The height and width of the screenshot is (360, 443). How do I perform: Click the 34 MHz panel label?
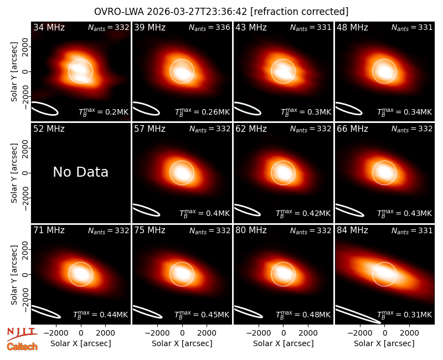[x=49, y=27]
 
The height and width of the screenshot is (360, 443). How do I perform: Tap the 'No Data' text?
[x=80, y=172]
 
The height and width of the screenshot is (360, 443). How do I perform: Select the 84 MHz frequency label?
[x=352, y=230]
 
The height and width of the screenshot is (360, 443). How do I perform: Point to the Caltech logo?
[x=22, y=347]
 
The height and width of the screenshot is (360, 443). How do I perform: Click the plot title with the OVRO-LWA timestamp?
[x=221, y=12]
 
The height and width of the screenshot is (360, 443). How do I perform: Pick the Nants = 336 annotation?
[x=209, y=27]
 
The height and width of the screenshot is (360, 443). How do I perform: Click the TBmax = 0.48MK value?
[x=303, y=315]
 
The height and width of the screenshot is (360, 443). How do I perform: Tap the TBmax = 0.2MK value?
[x=104, y=112]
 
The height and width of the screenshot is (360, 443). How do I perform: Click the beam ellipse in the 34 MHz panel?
[x=44, y=109]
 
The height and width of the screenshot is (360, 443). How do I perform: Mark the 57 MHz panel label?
[x=150, y=129]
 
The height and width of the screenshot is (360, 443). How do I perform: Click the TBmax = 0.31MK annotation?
[x=405, y=315]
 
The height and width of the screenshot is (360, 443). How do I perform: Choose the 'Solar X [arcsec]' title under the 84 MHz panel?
[x=384, y=343]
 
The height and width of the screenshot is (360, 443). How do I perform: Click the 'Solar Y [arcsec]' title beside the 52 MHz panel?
[x=14, y=173]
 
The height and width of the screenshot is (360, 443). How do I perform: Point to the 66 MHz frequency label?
[x=352, y=129]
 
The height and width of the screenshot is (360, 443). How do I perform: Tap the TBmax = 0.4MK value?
[x=205, y=213]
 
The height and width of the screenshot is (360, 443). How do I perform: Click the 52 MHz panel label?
[x=49, y=129]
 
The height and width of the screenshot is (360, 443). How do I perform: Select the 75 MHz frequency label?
[x=150, y=230]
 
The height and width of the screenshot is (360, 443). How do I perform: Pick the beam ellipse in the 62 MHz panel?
[x=247, y=210]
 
